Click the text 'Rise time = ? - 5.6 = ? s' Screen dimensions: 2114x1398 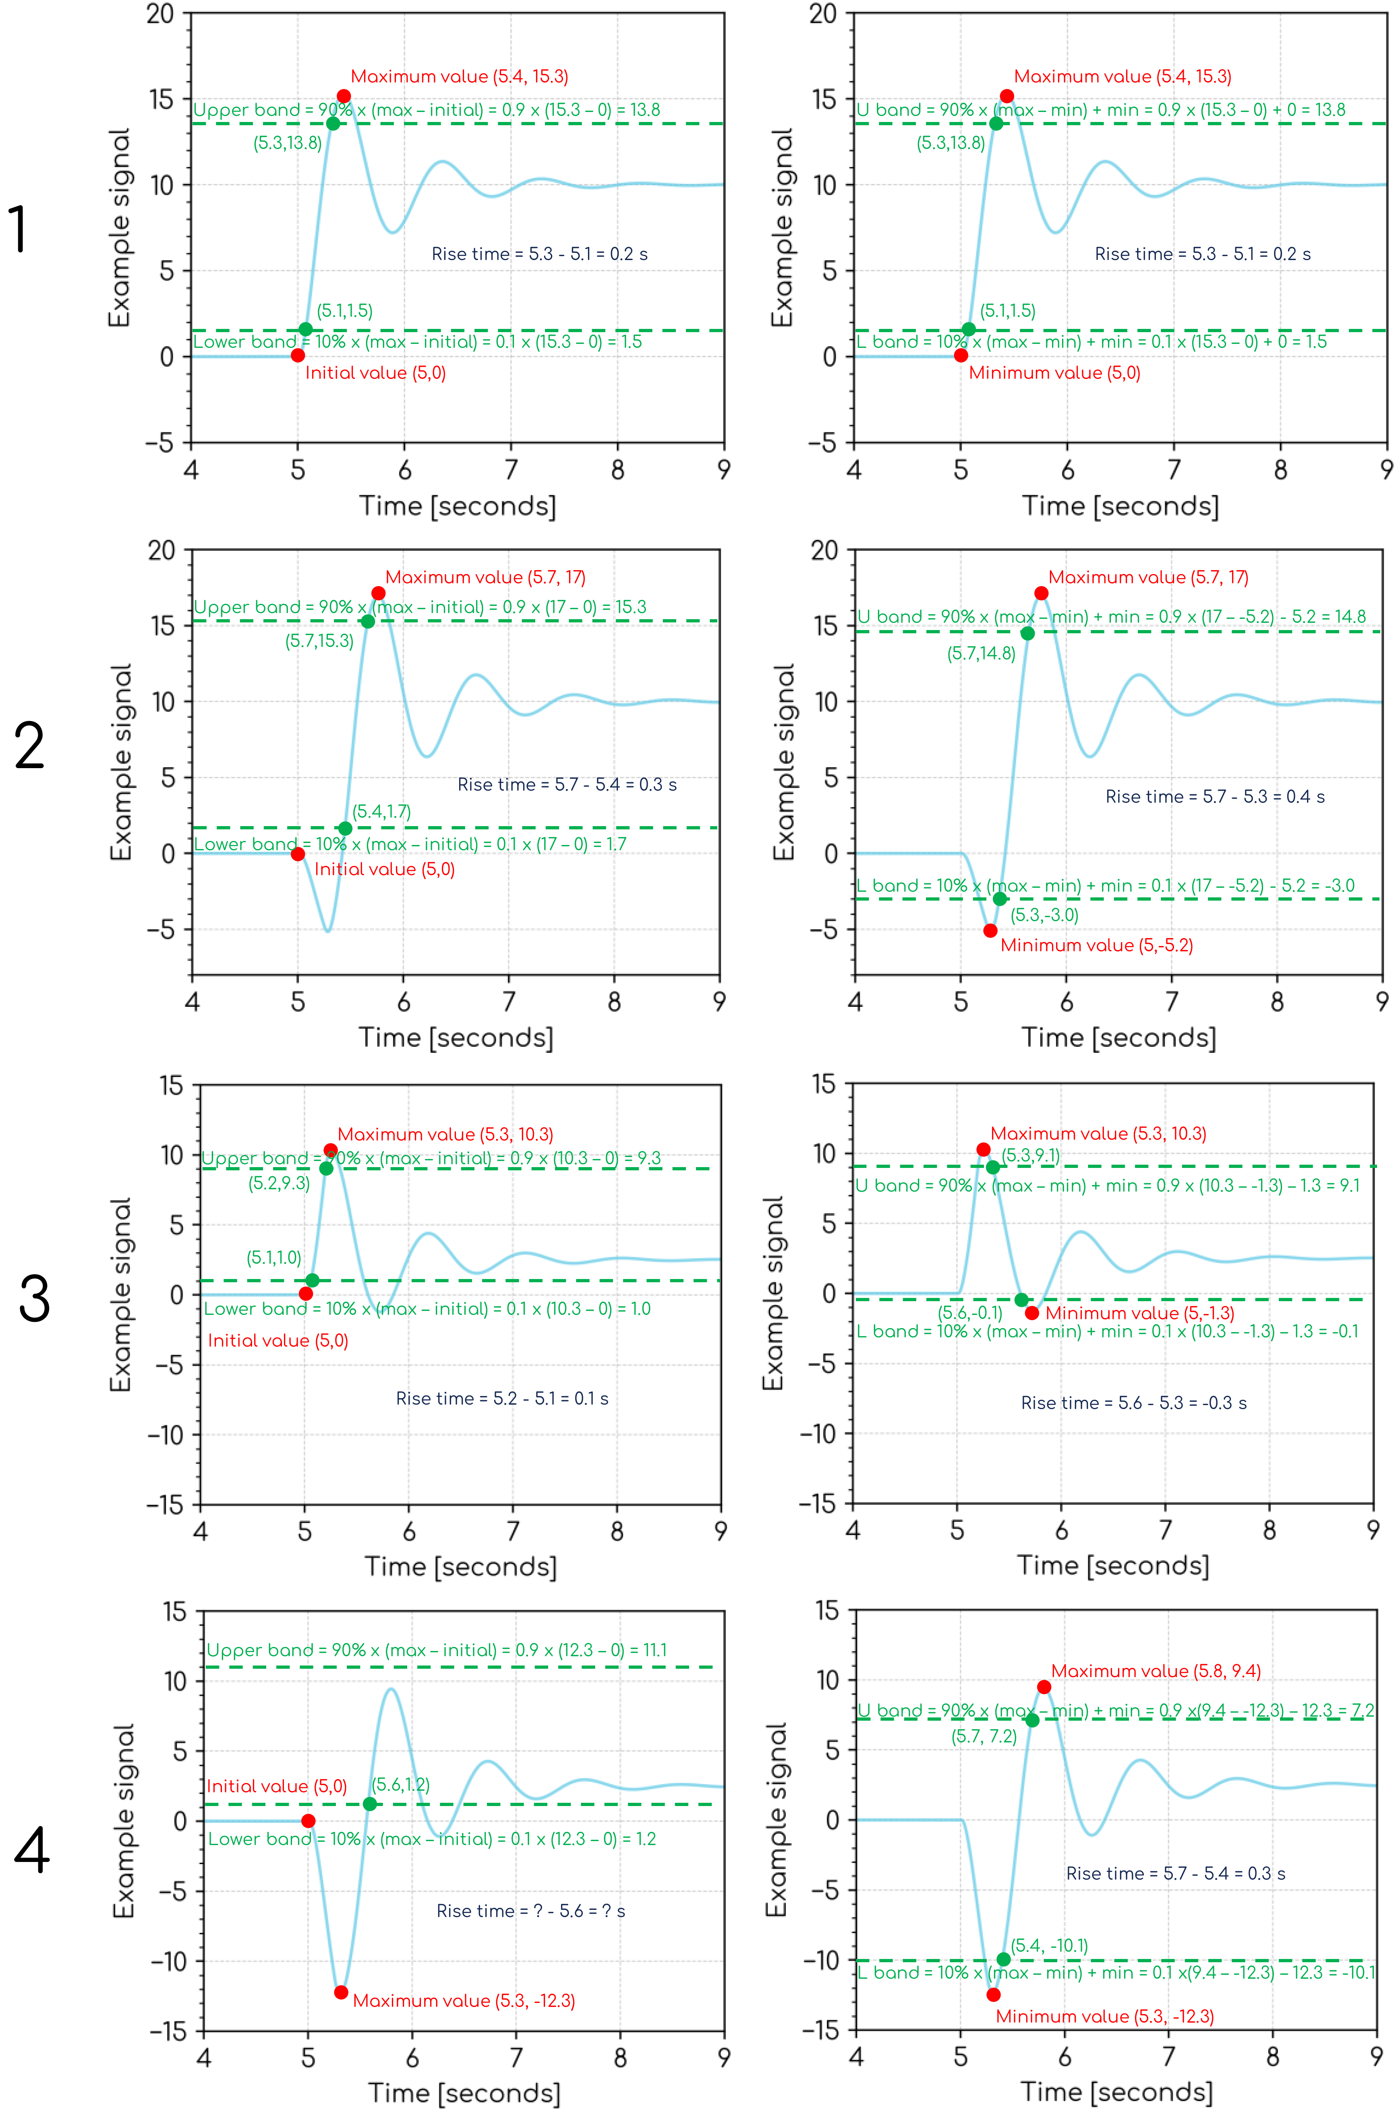click(530, 1911)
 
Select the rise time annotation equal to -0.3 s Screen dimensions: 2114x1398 click(1133, 1403)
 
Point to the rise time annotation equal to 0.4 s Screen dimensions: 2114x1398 click(1214, 797)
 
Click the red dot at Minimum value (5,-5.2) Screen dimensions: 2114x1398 click(990, 930)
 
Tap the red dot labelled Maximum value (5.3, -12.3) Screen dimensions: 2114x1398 click(341, 1992)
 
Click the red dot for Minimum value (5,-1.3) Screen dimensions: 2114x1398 click(1031, 1313)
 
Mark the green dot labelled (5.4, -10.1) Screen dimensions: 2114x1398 click(1003, 1959)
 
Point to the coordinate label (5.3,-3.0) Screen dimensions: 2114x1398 click(1044, 914)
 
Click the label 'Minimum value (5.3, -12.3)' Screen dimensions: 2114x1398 click(1105, 2016)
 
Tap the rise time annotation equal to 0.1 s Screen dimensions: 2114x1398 click(502, 1398)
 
